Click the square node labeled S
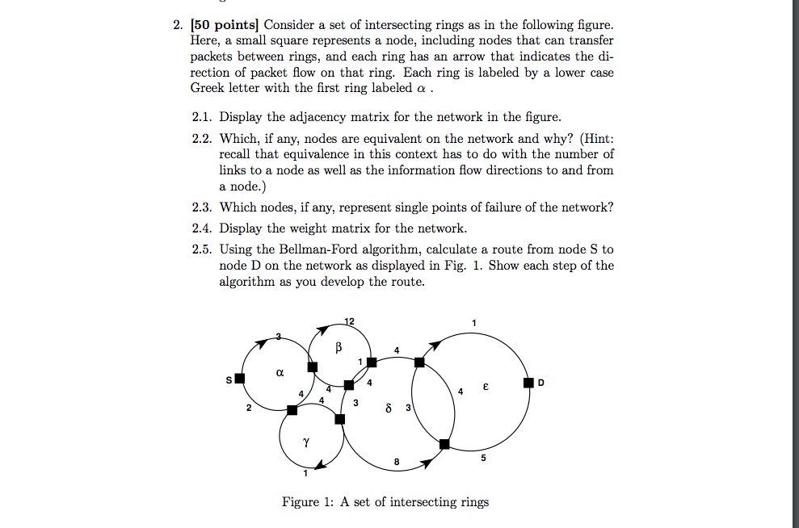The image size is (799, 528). (239, 379)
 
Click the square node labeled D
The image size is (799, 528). (528, 382)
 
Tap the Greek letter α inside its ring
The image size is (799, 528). (280, 374)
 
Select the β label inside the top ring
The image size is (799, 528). (339, 346)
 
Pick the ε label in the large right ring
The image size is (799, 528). (486, 388)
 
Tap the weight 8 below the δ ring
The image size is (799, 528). (396, 462)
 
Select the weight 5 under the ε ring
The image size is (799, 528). (483, 459)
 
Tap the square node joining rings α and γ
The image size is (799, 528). (292, 410)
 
